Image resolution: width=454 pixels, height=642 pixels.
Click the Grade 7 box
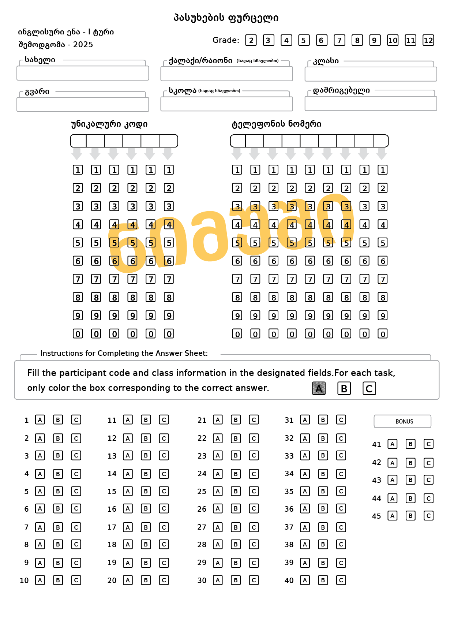click(339, 40)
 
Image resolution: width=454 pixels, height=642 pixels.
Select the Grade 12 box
click(428, 40)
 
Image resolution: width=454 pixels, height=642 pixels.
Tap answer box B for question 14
click(146, 474)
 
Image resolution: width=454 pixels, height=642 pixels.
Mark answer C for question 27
click(254, 527)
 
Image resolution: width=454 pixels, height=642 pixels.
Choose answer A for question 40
click(305, 580)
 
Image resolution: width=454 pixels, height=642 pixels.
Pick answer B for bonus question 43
click(410, 480)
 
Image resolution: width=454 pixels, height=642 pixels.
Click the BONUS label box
click(402, 421)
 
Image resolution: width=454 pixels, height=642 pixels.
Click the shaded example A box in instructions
click(319, 388)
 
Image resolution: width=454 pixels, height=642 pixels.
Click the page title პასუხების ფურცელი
click(226, 18)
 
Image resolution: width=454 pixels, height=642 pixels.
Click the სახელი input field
click(83, 73)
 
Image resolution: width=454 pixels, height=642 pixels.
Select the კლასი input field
click(371, 74)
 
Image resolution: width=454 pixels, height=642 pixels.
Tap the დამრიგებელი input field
click(371, 104)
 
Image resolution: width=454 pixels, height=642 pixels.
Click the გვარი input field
click(83, 104)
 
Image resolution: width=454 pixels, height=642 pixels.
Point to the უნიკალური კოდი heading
click(109, 124)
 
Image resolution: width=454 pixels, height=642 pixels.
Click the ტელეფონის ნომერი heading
click(277, 124)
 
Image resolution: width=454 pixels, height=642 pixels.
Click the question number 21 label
click(202, 420)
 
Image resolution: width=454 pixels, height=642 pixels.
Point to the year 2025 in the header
click(83, 45)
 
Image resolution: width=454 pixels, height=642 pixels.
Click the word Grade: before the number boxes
click(226, 40)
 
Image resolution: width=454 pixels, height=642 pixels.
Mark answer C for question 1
click(76, 420)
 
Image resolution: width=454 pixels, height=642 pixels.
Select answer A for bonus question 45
click(393, 516)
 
